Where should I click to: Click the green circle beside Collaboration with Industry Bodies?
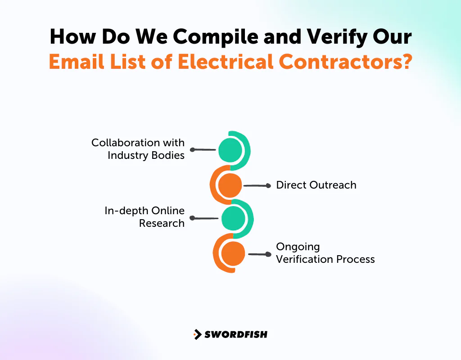(x=230, y=150)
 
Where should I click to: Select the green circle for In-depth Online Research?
(x=233, y=218)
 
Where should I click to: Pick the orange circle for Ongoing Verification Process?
(x=233, y=254)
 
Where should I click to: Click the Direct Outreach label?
(x=316, y=185)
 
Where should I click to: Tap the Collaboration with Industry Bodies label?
(x=139, y=149)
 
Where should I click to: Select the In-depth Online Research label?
(x=145, y=217)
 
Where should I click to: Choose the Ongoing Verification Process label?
(x=325, y=253)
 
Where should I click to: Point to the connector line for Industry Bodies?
(x=204, y=149)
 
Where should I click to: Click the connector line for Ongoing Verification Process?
(x=259, y=254)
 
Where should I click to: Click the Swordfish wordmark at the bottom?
(x=236, y=334)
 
